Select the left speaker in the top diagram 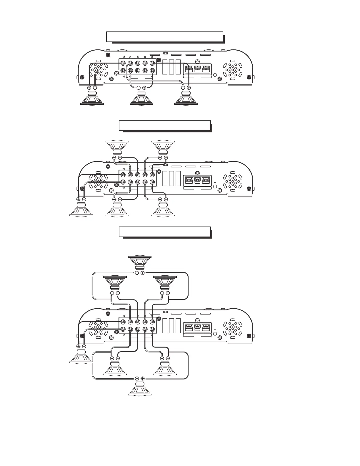coord(92,98)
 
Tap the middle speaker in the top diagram coord(141,98)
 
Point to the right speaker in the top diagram coord(186,98)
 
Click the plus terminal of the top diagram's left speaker coord(89,88)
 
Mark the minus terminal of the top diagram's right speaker coord(183,88)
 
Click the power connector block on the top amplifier coord(197,69)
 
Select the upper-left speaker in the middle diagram coord(117,147)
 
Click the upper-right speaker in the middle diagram coord(163,147)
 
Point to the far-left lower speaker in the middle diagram coord(81,209)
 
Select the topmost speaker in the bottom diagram coord(140,262)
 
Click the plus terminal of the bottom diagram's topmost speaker coord(143,273)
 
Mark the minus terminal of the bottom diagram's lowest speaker coord(137,378)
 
